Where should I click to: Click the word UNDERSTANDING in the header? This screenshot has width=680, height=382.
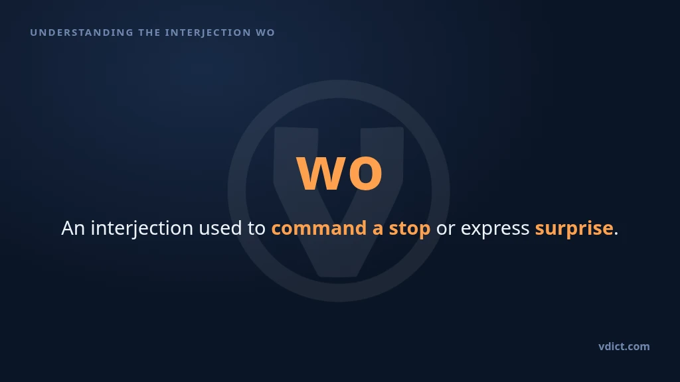click(82, 32)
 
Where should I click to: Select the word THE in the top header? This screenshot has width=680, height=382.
click(149, 32)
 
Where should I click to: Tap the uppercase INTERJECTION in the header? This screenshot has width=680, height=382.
click(208, 32)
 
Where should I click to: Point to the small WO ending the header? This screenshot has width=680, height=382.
click(266, 32)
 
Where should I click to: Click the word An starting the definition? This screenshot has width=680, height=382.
click(73, 228)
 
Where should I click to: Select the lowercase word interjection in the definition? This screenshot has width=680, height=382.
click(142, 229)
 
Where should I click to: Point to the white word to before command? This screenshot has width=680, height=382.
click(256, 229)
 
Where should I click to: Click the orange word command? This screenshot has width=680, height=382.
click(319, 228)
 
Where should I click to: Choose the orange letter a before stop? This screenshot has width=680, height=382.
click(378, 230)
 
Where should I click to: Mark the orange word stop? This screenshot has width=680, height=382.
click(410, 229)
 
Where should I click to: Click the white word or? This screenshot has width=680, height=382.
click(446, 230)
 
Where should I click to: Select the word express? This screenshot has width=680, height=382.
click(495, 230)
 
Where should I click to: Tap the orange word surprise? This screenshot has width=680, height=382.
click(574, 229)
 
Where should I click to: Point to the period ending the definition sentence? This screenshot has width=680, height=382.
click(616, 234)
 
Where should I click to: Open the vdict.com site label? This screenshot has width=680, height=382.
click(624, 346)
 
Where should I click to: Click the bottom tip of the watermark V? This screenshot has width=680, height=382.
click(339, 276)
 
